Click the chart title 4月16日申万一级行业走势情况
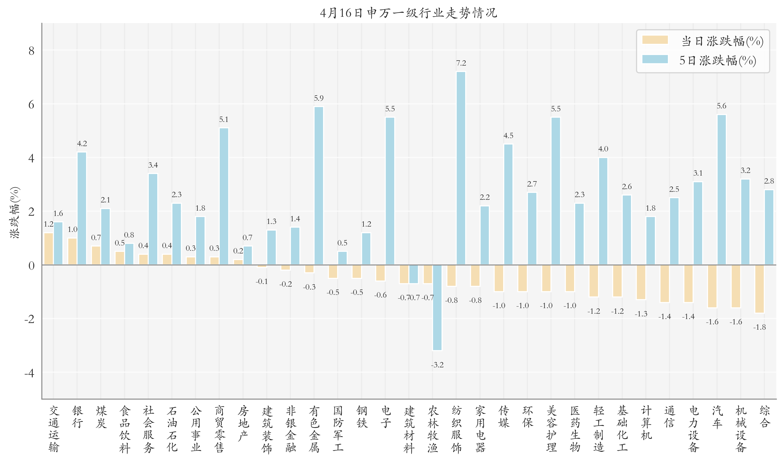(x=408, y=13)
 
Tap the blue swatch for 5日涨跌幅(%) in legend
(x=655, y=59)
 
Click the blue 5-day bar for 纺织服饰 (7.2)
(x=461, y=168)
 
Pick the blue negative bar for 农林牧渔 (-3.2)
(x=437, y=307)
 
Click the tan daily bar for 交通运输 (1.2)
(x=49, y=249)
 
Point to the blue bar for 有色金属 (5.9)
(x=319, y=186)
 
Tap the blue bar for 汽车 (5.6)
(x=721, y=190)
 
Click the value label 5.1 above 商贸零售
(x=224, y=120)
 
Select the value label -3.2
(x=437, y=365)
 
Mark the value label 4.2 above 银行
(x=82, y=143)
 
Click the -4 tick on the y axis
(x=29, y=373)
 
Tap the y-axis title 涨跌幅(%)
(x=15, y=213)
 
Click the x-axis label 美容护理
(x=551, y=429)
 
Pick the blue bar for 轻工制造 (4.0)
(x=603, y=211)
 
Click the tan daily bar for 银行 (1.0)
(x=72, y=252)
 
